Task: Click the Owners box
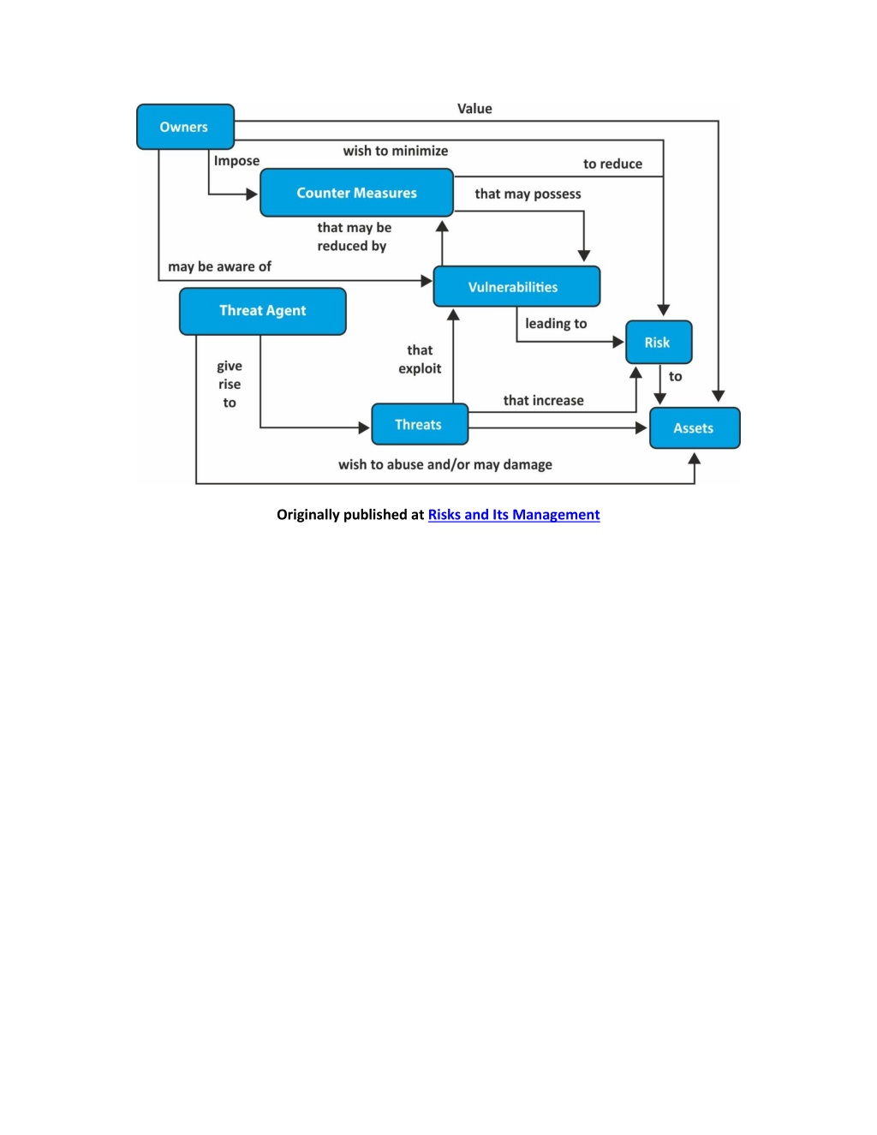tap(185, 127)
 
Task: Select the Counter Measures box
tap(356, 193)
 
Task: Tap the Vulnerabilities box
tap(516, 286)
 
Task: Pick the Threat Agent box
tap(263, 311)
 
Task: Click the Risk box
tap(659, 342)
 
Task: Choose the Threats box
tap(420, 424)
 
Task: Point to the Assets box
tap(695, 427)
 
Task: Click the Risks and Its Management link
tap(514, 515)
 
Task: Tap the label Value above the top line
tap(474, 109)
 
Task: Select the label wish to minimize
tap(395, 151)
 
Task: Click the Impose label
tap(236, 161)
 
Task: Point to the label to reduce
tap(612, 164)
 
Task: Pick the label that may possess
tap(528, 194)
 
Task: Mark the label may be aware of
tap(219, 266)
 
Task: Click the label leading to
tap(556, 324)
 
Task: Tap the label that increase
tap(544, 401)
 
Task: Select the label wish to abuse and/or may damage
tap(445, 465)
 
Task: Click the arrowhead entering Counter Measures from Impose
tap(252, 194)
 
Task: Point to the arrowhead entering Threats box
tap(364, 427)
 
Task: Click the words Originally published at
tap(350, 515)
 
